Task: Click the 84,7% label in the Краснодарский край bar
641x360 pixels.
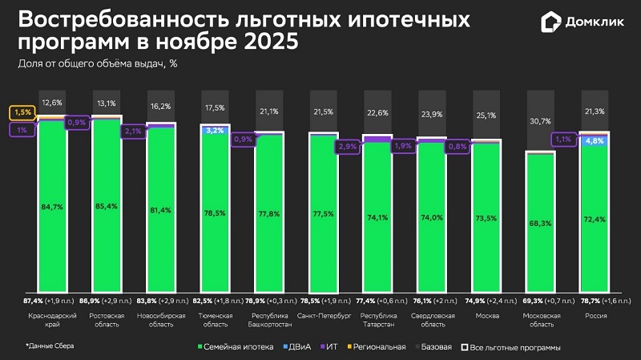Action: pos(51,206)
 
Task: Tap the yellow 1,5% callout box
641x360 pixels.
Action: pos(22,112)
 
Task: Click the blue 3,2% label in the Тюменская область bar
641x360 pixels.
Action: pos(214,130)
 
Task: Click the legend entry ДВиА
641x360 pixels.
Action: pos(298,347)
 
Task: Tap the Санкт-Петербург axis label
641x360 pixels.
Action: pos(323,316)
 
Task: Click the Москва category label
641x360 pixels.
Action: pos(486,316)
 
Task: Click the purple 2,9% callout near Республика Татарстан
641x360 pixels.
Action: pos(348,147)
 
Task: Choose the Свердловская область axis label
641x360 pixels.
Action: pos(432,320)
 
